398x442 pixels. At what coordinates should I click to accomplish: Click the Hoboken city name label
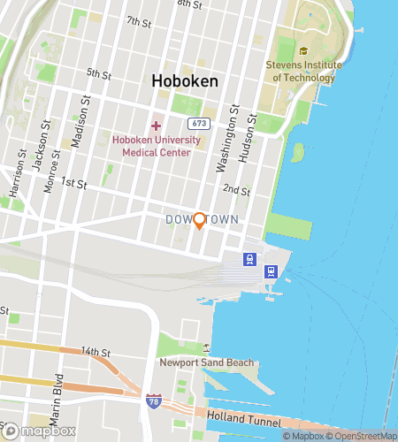185,81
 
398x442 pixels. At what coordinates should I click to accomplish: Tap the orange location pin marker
200,221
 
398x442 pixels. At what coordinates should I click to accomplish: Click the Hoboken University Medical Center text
157,146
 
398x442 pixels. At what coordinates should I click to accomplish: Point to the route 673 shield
199,124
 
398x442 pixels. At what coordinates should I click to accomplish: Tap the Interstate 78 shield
154,400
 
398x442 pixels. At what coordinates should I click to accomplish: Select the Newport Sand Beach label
207,362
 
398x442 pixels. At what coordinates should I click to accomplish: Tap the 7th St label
139,20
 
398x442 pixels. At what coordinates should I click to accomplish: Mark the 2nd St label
236,189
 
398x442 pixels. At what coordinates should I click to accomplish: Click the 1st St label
73,184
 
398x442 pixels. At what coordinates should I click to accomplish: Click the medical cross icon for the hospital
157,126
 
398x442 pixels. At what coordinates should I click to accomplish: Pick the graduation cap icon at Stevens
303,51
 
